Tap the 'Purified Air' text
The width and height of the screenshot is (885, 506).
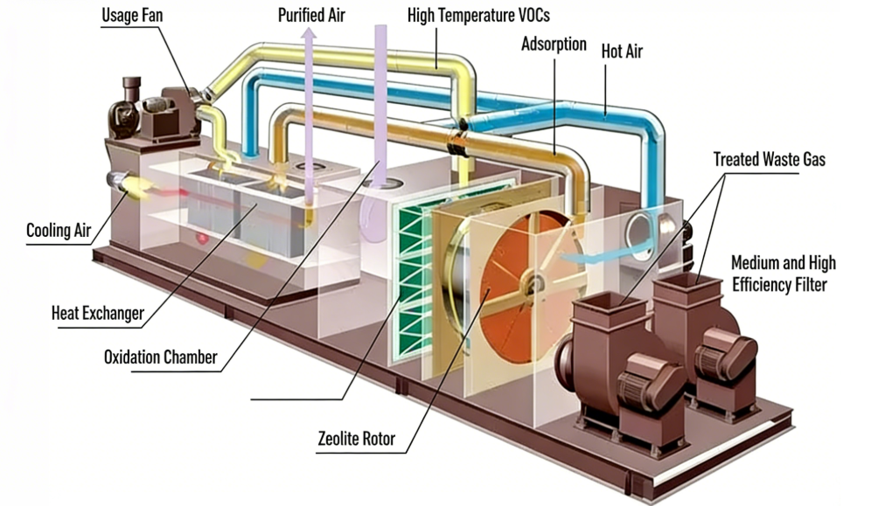point(310,16)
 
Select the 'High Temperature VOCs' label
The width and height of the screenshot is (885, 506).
point(478,16)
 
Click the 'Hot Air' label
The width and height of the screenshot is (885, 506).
point(622,52)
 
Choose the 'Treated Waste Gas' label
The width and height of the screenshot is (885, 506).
point(769,159)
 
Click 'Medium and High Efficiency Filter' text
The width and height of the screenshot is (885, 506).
point(783,273)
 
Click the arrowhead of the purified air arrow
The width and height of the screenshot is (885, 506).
point(309,34)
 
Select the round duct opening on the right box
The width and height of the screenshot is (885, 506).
point(641,233)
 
